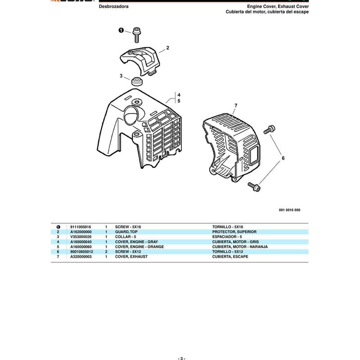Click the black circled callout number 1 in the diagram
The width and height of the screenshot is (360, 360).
tap(121, 30)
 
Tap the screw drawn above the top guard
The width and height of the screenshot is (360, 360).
tap(137, 35)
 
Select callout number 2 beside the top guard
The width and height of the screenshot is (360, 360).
tap(167, 48)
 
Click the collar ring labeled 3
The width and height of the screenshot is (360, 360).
tap(137, 81)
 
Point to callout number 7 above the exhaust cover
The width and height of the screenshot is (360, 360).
tap(236, 106)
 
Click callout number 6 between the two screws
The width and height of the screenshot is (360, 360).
tap(283, 158)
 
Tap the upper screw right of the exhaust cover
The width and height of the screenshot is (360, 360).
tap(269, 129)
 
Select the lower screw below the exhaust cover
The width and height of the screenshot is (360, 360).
tap(254, 187)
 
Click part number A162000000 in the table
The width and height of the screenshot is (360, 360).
tap(81, 232)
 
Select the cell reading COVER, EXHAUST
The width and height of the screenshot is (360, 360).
tap(131, 256)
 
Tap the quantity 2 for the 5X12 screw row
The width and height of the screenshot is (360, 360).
tap(106, 252)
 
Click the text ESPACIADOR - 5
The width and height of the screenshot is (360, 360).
tap(227, 237)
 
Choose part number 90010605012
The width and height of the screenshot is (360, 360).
tap(82, 252)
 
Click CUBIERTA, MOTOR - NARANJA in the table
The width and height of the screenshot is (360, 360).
tap(240, 247)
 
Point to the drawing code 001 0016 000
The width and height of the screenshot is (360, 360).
tap(289, 210)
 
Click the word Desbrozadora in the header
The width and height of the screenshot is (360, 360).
tap(114, 6)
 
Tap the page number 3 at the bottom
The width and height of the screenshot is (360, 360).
tap(181, 358)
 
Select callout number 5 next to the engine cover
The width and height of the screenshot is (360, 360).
tap(179, 101)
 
